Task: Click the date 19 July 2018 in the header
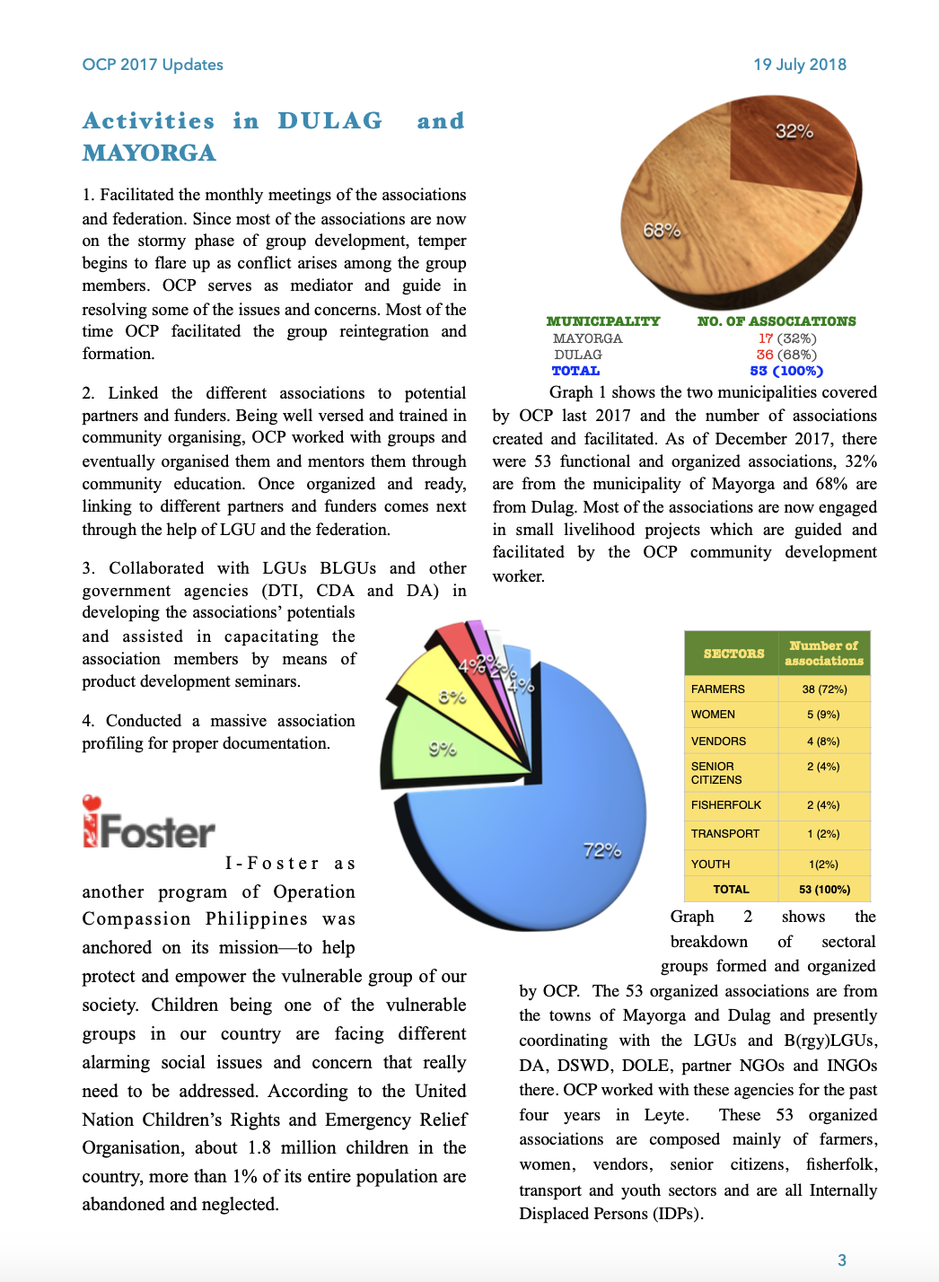click(800, 65)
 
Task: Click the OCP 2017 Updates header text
click(153, 65)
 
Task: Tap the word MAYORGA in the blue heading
click(149, 154)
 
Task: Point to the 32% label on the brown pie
click(794, 132)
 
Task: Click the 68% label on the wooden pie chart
click(662, 231)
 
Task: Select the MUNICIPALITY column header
click(603, 321)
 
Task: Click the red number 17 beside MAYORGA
click(765, 338)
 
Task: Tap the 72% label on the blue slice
click(601, 850)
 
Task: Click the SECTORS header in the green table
click(733, 654)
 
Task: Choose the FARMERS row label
click(718, 689)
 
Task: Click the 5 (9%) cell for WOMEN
click(823, 715)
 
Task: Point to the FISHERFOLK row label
click(726, 805)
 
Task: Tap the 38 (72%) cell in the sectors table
click(824, 689)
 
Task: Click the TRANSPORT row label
click(725, 834)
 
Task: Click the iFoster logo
click(150, 830)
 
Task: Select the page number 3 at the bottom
click(842, 1260)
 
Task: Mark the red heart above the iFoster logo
click(92, 803)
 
